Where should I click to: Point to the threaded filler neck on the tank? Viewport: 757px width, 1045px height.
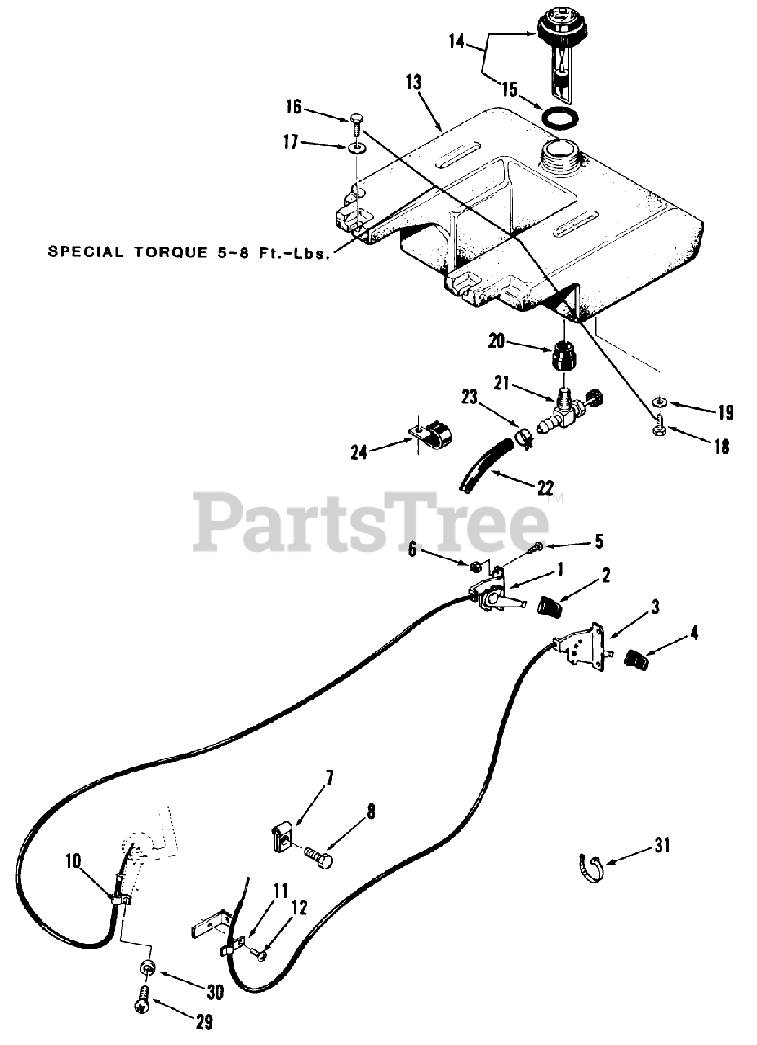(x=559, y=152)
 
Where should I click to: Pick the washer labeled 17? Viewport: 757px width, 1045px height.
(x=357, y=149)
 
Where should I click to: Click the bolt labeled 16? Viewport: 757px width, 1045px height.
(x=356, y=124)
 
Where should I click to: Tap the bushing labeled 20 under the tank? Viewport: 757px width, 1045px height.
(x=563, y=355)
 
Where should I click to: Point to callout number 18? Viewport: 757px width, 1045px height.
(x=720, y=447)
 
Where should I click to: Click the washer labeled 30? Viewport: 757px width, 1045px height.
(x=148, y=968)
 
